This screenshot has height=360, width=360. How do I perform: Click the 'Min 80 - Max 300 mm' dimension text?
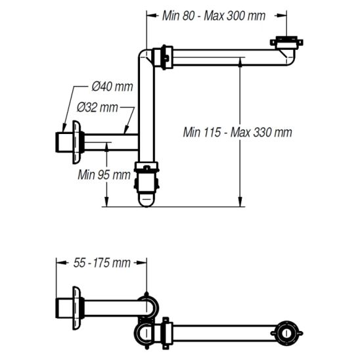(214, 16)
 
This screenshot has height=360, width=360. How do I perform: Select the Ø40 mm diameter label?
(112, 87)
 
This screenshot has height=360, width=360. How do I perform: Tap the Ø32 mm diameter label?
(97, 107)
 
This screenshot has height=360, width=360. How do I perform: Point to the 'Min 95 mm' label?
(104, 175)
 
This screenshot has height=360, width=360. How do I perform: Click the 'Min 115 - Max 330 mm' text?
(237, 133)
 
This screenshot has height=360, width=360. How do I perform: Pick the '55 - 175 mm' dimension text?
(102, 263)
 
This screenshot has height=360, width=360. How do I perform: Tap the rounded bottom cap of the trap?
(146, 200)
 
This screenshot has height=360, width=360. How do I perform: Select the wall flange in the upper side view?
(76, 142)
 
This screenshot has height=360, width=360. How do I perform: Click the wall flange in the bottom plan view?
(76, 308)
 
